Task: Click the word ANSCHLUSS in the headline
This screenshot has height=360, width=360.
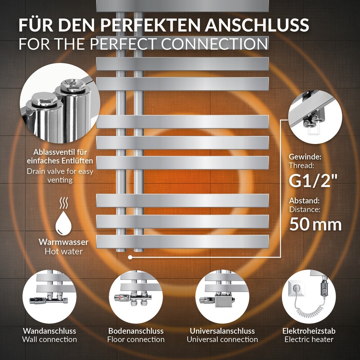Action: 257,25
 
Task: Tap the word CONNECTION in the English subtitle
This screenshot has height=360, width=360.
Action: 215,44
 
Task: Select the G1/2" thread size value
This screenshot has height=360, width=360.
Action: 313,181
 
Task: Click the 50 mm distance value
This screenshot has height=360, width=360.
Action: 315,224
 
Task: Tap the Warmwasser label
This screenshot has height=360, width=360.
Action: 63,242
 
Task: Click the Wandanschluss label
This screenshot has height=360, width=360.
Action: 49,331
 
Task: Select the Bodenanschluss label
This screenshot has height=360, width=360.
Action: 136,331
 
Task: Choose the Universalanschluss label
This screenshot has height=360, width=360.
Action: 222,331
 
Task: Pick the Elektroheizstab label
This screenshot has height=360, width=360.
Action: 309,331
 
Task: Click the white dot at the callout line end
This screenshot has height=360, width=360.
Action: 130,257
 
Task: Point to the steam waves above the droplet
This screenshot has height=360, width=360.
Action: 63,203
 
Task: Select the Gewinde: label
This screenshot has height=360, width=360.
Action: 305,157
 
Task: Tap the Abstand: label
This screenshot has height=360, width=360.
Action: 304,201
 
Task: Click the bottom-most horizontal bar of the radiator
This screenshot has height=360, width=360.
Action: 183,242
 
